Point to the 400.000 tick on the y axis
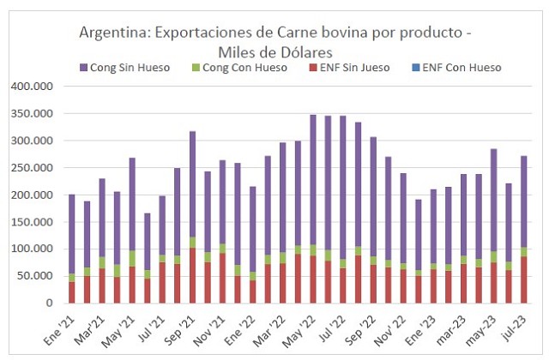pos(30,87)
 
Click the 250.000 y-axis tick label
pos(30,168)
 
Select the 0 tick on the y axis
pos(49,303)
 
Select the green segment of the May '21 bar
pos(132,258)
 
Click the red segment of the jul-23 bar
pos(523,279)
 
